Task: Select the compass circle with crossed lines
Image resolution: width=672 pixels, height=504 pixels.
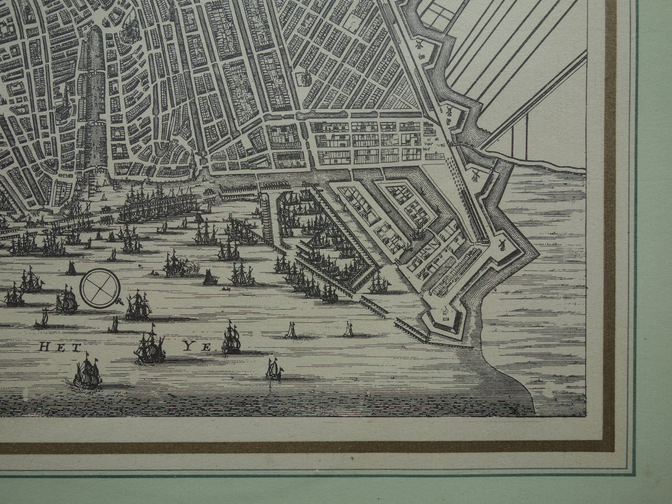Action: coord(99,287)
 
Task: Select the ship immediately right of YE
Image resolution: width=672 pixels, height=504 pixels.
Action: coord(231,338)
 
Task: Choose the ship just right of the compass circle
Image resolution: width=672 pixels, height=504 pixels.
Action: coord(139,305)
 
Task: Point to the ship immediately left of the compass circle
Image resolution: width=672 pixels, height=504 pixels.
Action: coord(66,300)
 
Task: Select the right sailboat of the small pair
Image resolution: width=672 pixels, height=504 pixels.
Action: coord(348,330)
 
